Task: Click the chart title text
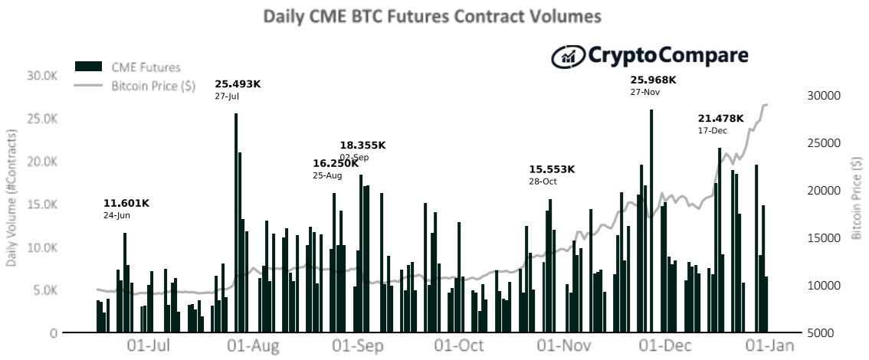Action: pos(431,16)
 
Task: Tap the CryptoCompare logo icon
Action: pos(568,56)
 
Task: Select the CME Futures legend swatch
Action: pos(89,67)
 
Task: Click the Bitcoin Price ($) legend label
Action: pos(153,86)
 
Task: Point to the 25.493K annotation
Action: pos(238,84)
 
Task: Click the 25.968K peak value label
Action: pos(653,80)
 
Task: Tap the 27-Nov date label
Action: pos(644,92)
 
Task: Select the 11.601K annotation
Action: pos(126,204)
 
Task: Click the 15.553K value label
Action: pos(552,169)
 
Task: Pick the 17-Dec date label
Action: pos(712,131)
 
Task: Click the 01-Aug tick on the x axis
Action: pos(254,346)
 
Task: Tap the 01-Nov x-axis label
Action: pos(564,346)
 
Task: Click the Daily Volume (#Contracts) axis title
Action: pos(11,198)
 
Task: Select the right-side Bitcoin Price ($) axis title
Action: pos(858,198)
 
